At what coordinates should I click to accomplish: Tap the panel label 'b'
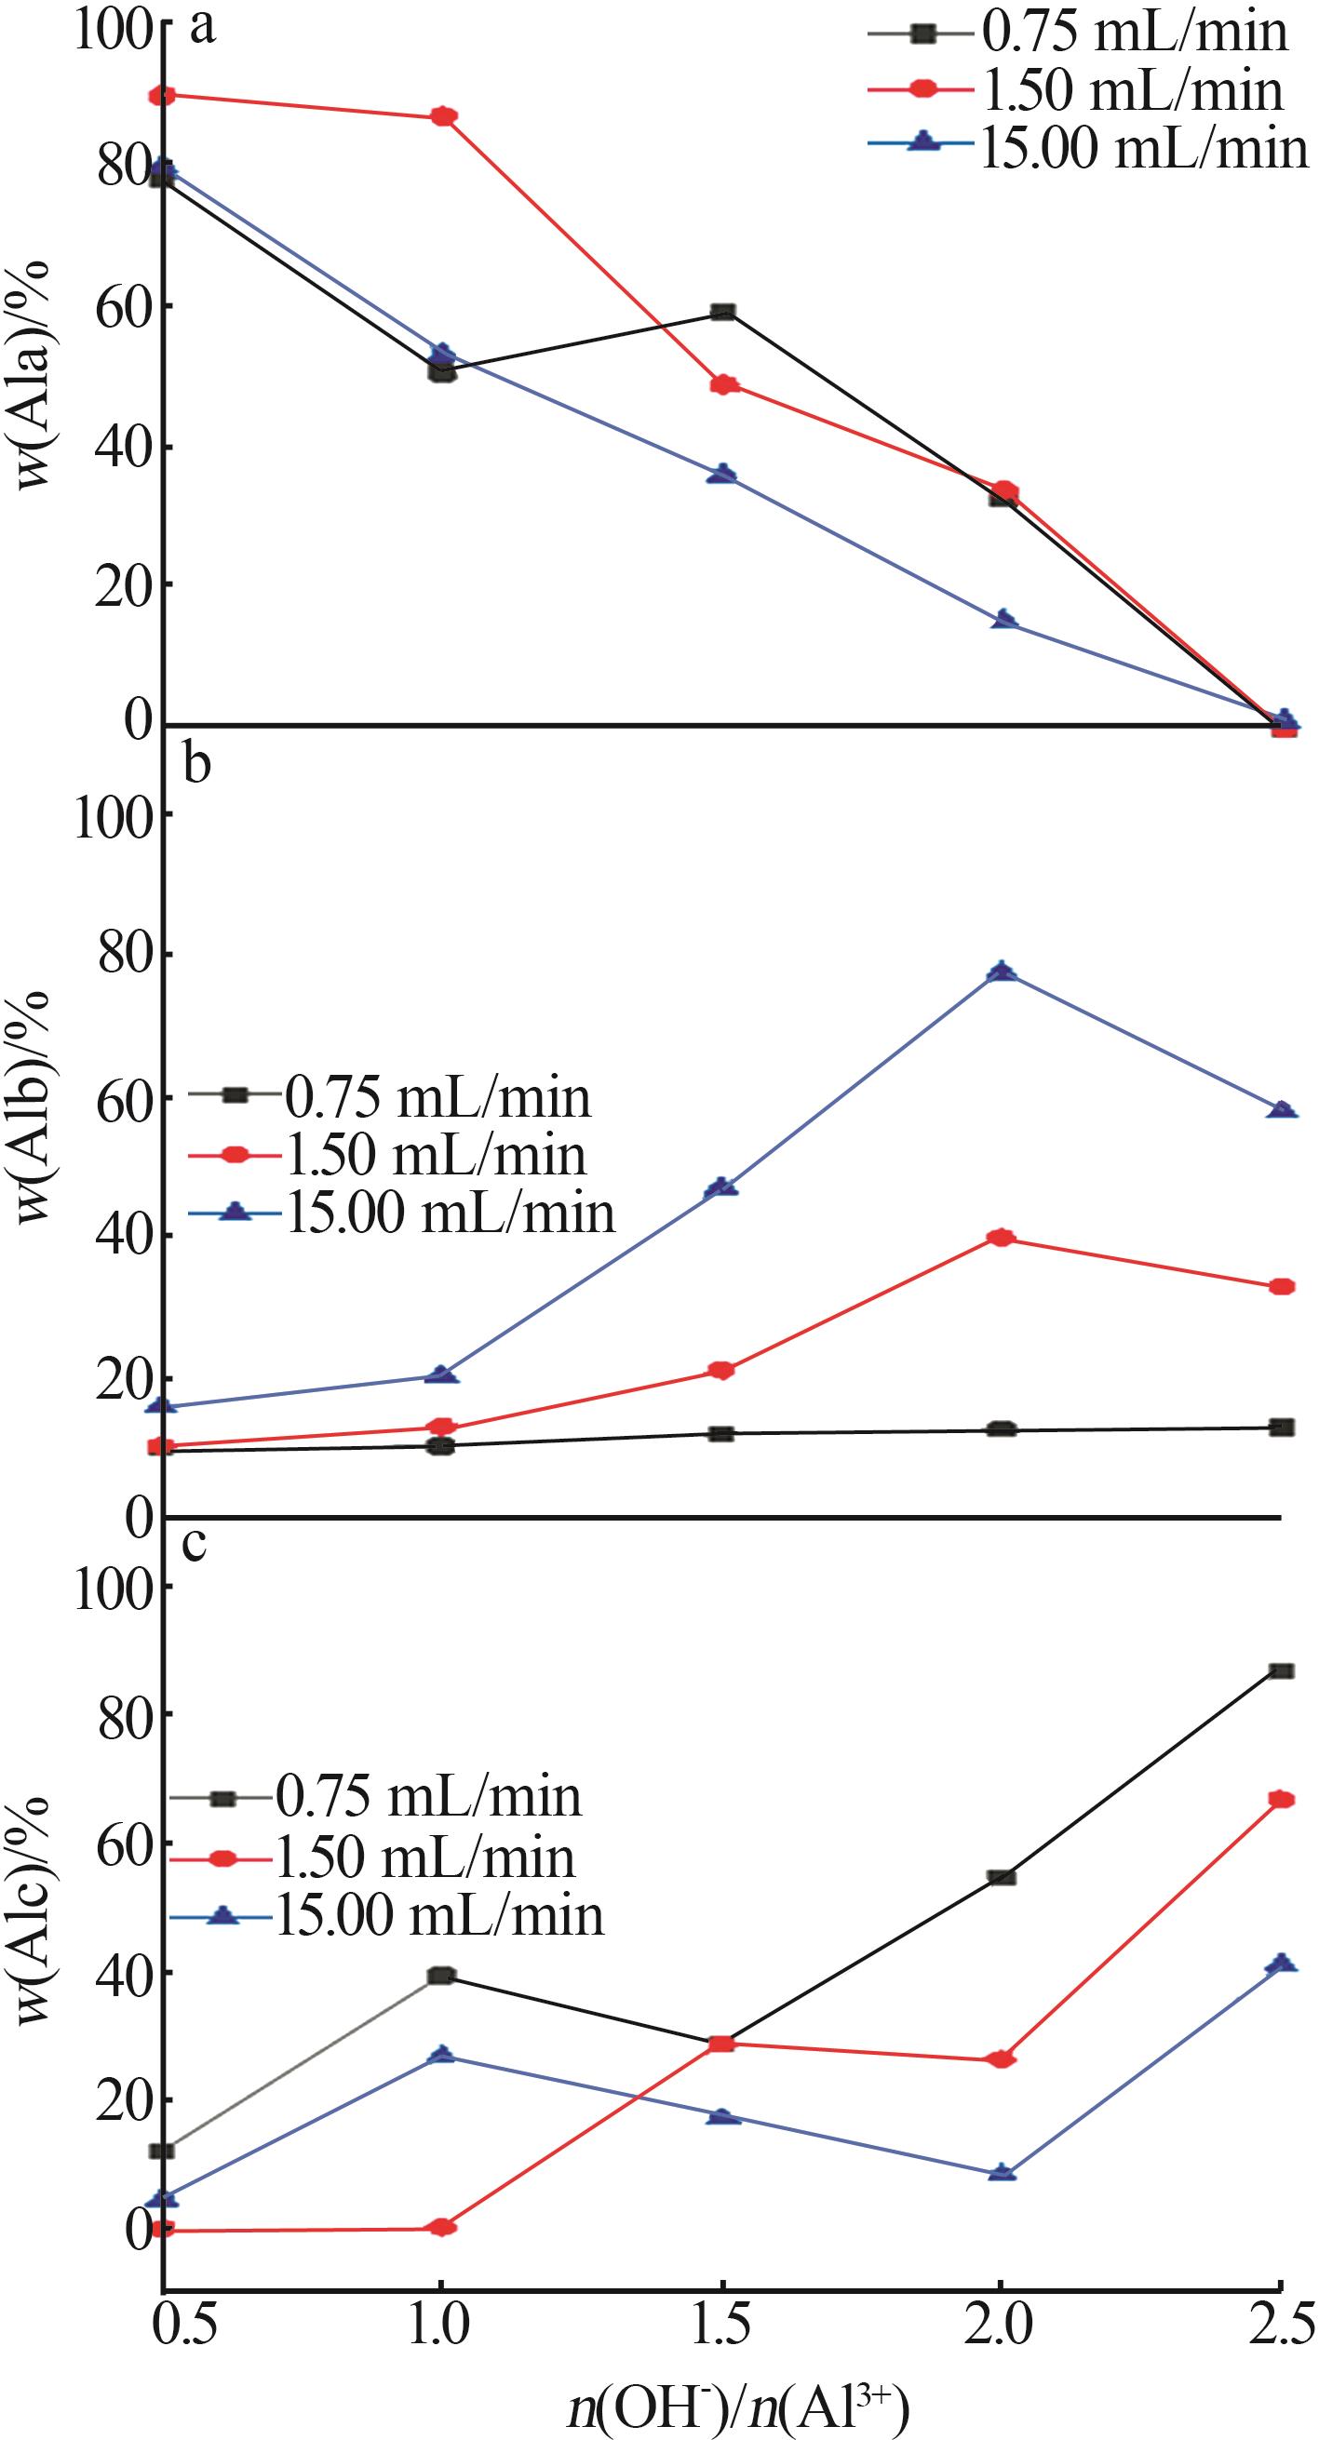(196, 763)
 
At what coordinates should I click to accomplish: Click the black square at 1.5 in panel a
(723, 312)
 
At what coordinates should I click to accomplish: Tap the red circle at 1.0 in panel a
(442, 116)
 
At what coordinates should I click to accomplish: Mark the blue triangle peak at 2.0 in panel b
(1003, 972)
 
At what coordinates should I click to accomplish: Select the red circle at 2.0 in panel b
(1003, 1237)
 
